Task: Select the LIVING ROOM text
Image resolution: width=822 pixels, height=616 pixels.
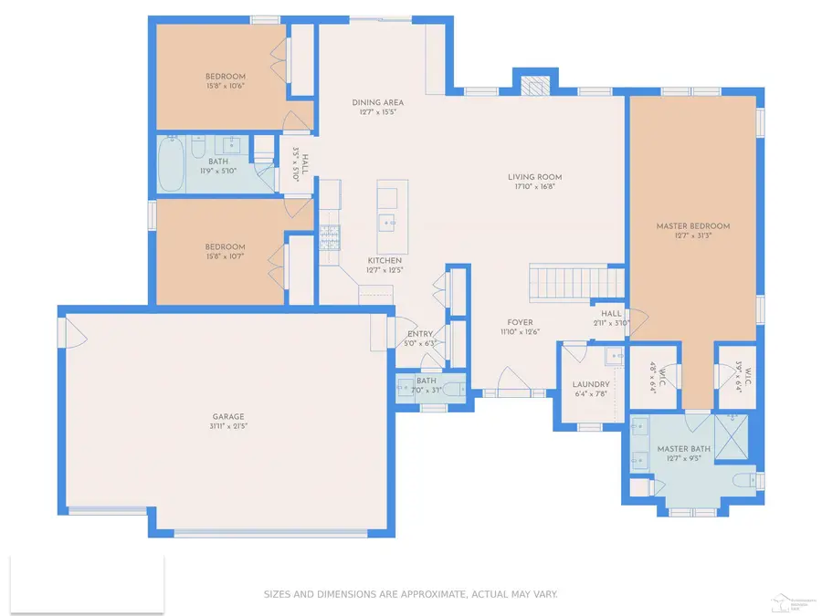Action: (534, 177)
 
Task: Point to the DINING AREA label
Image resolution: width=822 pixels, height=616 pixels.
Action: (377, 102)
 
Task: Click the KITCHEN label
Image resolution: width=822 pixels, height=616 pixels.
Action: (385, 260)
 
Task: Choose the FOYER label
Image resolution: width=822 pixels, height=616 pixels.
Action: (521, 322)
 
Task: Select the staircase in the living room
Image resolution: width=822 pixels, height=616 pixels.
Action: (577, 282)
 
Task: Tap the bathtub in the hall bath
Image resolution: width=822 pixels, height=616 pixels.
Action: (170, 164)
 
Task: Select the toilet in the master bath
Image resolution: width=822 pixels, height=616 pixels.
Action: (743, 481)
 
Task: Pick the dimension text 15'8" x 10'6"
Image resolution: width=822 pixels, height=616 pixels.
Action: (224, 86)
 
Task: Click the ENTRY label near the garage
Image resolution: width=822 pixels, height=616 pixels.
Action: (420, 334)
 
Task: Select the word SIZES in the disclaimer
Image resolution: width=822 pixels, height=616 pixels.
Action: (279, 594)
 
